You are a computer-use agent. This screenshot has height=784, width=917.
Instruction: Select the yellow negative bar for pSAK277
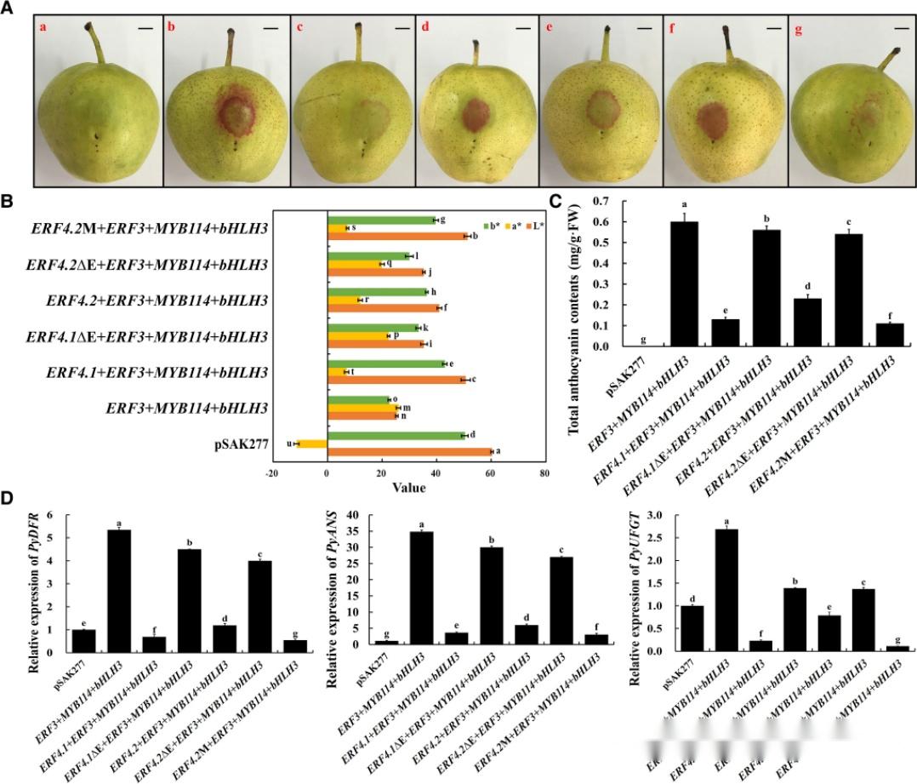pos(311,444)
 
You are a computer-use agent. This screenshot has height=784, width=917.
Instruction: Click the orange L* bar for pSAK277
pos(409,452)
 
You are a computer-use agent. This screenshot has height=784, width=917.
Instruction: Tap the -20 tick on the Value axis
pos(272,475)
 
